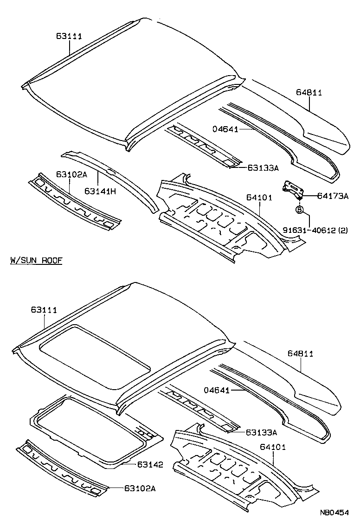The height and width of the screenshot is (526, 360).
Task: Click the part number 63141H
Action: [100, 191]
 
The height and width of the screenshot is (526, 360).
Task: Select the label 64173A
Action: [333, 196]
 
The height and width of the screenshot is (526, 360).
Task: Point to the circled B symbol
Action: [299, 210]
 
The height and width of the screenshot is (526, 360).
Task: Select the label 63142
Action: [150, 464]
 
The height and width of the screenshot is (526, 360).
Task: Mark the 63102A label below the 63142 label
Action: [139, 488]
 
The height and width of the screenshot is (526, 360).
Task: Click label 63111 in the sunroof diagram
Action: [44, 309]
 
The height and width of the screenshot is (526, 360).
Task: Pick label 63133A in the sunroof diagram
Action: [261, 432]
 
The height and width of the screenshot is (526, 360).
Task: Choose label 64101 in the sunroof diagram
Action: [272, 447]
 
